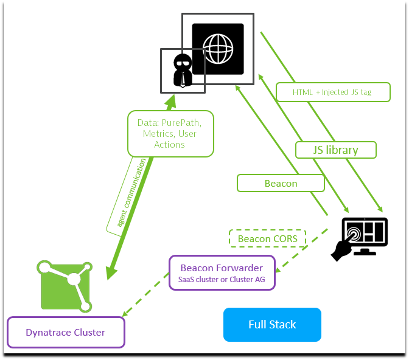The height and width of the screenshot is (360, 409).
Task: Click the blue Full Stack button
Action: click(x=272, y=324)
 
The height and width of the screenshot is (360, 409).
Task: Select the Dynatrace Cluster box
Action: click(x=65, y=333)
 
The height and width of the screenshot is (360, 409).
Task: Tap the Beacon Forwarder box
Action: click(x=222, y=273)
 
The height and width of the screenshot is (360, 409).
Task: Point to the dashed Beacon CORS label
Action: click(x=267, y=238)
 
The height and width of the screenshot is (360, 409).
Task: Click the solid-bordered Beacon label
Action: click(x=281, y=183)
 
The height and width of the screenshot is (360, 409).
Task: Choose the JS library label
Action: click(x=336, y=150)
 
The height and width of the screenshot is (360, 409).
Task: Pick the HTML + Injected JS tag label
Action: click(x=332, y=92)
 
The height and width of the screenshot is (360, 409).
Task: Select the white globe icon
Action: click(x=218, y=49)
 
